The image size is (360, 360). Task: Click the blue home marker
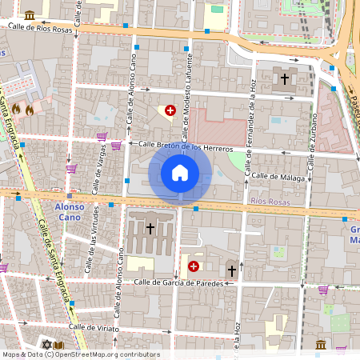click(x=180, y=172)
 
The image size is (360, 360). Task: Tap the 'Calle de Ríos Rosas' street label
click(x=42, y=26)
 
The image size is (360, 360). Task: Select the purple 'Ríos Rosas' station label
click(x=267, y=202)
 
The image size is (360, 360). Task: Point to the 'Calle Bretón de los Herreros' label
click(x=186, y=147)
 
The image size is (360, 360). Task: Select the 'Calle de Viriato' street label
click(x=93, y=327)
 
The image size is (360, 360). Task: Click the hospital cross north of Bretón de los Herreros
click(x=170, y=110)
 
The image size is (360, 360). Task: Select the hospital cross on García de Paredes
click(x=194, y=266)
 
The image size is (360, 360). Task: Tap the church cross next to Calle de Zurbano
click(x=285, y=79)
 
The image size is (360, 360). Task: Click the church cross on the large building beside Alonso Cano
click(x=150, y=229)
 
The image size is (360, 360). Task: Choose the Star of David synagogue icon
click(x=46, y=345)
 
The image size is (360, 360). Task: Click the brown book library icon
click(x=59, y=345)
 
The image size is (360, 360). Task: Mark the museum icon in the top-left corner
click(x=30, y=14)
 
